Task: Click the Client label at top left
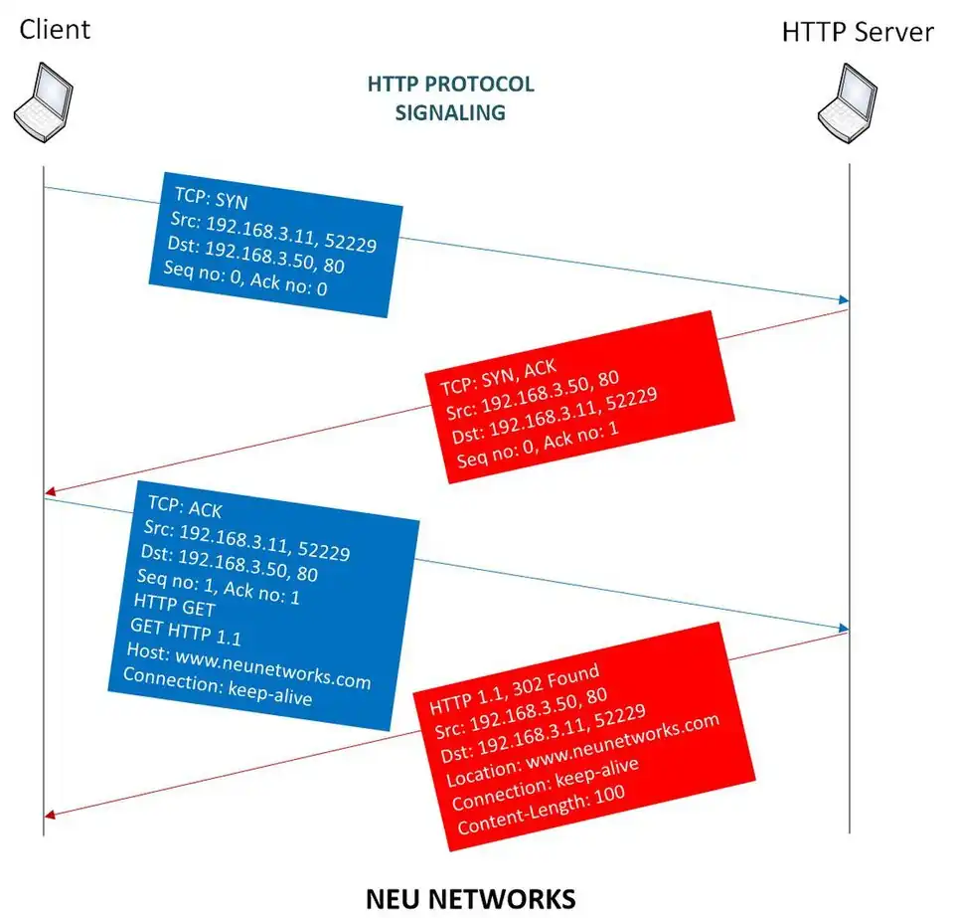point(55,29)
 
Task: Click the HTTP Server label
point(857,32)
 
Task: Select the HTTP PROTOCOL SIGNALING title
point(450,97)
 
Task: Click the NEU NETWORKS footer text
point(470,898)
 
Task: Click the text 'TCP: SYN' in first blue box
point(211,198)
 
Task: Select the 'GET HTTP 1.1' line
point(186,633)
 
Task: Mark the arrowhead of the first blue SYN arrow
point(844,299)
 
